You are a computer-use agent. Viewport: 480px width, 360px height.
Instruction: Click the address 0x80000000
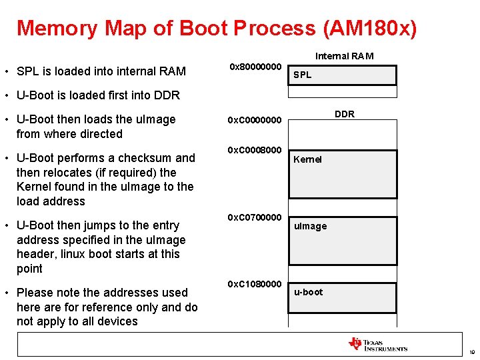[x=256, y=67]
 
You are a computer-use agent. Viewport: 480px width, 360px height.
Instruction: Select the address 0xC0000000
[x=256, y=120]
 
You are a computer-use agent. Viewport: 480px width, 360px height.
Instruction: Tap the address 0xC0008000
[x=256, y=149]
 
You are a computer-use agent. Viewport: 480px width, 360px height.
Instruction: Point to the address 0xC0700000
[x=256, y=217]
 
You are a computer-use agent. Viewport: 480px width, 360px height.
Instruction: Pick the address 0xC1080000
[x=256, y=284]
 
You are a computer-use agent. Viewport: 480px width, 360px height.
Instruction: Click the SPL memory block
[x=344, y=75]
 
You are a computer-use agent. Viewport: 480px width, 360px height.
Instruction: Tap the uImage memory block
[x=344, y=240]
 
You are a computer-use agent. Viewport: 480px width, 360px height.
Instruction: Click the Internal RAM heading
[x=344, y=56]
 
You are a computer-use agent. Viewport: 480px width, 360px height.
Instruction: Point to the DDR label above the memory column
[x=344, y=114]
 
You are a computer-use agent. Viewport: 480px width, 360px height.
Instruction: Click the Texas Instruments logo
[x=377, y=344]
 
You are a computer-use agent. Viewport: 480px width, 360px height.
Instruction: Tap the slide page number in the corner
[x=471, y=352]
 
